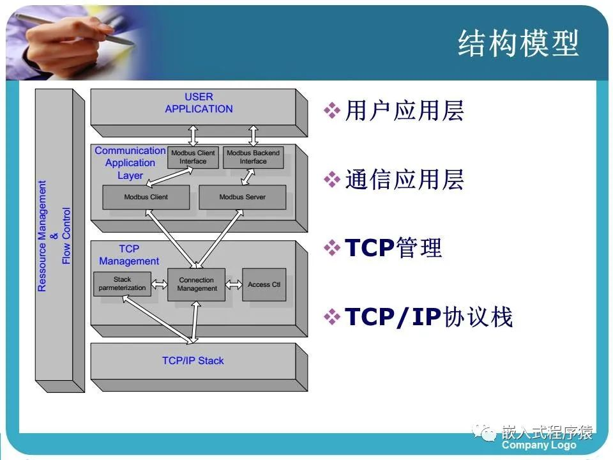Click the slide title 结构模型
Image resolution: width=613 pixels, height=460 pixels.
tap(518, 44)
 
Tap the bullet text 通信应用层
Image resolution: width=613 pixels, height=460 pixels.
tap(404, 181)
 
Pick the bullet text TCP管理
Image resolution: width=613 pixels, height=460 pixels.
tap(393, 248)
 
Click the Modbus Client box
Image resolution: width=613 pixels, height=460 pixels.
tap(146, 197)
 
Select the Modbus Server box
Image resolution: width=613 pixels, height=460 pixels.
tap(242, 197)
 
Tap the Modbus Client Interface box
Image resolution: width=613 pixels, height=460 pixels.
tap(193, 157)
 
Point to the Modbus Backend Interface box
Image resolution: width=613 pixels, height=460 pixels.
tap(253, 157)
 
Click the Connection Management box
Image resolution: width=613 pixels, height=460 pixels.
tap(197, 284)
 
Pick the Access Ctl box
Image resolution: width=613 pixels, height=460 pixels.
tap(264, 284)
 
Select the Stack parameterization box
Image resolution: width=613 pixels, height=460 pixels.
tap(122, 284)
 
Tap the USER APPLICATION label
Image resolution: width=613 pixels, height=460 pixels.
tap(199, 103)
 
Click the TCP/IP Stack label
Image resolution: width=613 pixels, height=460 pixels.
tap(193, 361)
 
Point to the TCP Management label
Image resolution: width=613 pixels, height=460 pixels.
tap(129, 255)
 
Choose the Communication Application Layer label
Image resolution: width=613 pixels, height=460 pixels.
tap(130, 163)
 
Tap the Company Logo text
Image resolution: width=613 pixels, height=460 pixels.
tap(539, 445)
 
